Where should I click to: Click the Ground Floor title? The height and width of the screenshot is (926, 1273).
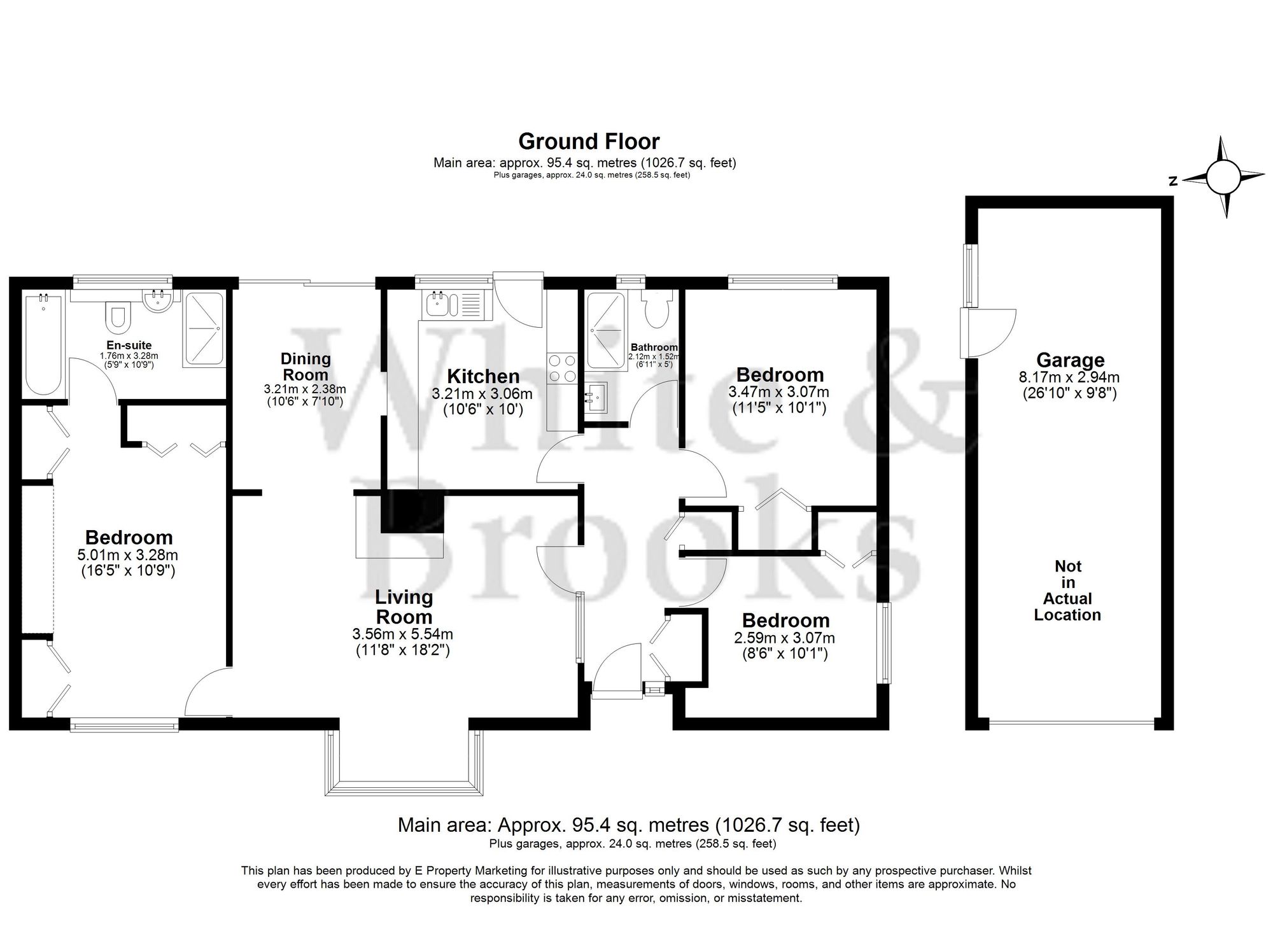tap(588, 141)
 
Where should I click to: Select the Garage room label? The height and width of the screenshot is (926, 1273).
tap(1069, 360)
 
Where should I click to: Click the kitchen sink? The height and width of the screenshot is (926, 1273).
tap(438, 304)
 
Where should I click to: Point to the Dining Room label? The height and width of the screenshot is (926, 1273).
tap(306, 367)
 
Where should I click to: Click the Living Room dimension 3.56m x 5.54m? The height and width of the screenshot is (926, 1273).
tap(402, 634)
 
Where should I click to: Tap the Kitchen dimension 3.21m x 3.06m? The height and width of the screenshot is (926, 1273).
tap(482, 394)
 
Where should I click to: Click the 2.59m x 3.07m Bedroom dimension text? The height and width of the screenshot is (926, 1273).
tap(784, 638)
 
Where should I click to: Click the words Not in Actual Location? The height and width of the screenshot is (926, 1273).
tap(1067, 590)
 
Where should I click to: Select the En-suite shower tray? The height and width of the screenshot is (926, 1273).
tap(203, 329)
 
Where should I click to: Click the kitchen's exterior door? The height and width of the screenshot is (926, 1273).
tap(518, 302)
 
